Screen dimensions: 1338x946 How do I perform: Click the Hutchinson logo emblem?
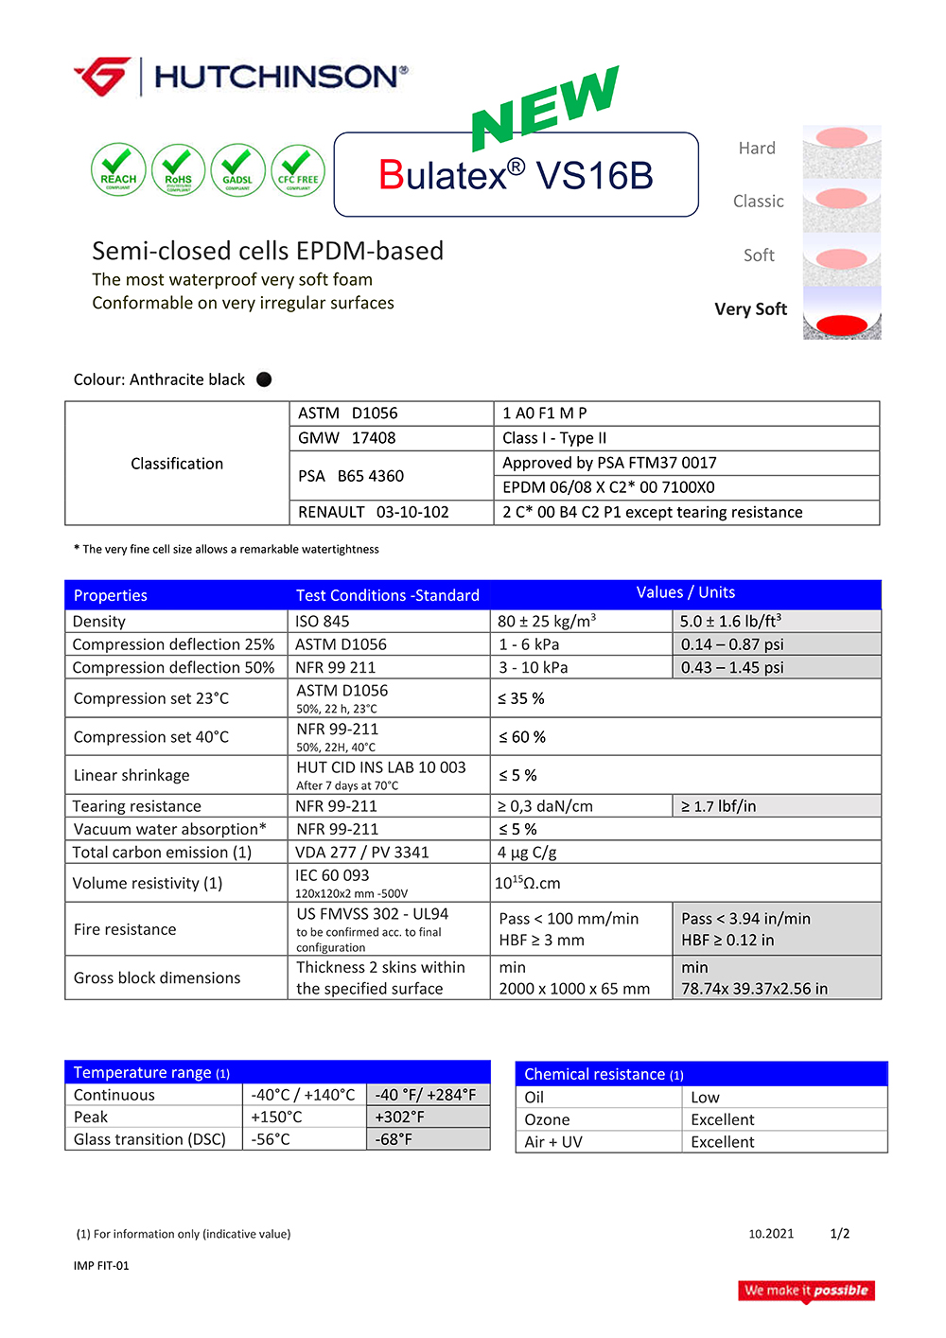(x=102, y=77)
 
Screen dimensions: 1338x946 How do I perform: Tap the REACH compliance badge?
(x=118, y=170)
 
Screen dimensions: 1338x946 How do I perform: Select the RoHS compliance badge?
(x=178, y=170)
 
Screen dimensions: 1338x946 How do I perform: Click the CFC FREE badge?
(x=298, y=170)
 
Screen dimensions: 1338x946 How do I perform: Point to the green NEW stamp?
(x=546, y=108)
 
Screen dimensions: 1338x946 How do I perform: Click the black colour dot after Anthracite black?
(x=264, y=379)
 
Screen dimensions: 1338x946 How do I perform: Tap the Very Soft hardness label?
(x=750, y=309)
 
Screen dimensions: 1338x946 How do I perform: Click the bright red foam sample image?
(x=841, y=325)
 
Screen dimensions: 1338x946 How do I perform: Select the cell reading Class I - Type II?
(x=554, y=438)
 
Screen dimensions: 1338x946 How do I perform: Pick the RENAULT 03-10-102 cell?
(x=374, y=512)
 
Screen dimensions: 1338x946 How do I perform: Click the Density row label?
(x=99, y=622)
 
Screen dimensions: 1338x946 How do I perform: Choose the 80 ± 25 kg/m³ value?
(x=547, y=622)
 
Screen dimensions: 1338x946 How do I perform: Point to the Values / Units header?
(x=685, y=592)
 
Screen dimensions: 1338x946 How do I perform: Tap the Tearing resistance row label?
(x=137, y=806)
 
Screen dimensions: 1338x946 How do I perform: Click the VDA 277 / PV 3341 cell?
(x=362, y=853)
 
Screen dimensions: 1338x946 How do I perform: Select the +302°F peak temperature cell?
(x=400, y=1118)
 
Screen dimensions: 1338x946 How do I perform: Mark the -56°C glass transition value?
(x=271, y=1139)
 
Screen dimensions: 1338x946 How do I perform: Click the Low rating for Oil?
(x=706, y=1098)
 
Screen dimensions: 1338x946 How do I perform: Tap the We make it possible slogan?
(x=806, y=1291)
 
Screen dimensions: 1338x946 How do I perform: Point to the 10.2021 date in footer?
(x=771, y=1234)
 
